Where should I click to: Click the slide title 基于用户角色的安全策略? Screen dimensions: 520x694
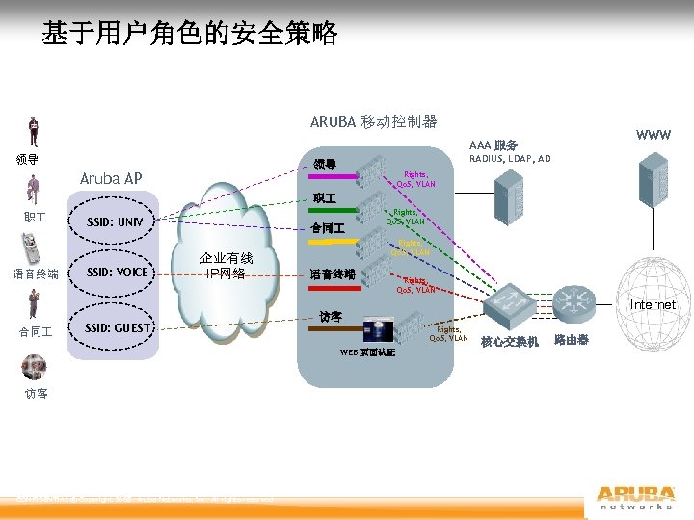point(190,35)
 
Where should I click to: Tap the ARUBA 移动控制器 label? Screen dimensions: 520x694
point(373,122)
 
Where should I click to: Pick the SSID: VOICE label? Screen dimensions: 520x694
point(118,273)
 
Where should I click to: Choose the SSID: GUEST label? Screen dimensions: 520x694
point(119,328)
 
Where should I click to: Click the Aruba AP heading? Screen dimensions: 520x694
point(111,178)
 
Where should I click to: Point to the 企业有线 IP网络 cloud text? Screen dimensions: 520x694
point(226,265)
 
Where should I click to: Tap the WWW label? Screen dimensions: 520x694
point(654,134)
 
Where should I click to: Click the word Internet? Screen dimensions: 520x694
point(653,305)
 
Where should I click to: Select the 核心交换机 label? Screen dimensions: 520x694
point(510,342)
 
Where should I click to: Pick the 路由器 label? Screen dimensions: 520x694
point(569,341)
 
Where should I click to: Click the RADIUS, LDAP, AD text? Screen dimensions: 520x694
point(510,159)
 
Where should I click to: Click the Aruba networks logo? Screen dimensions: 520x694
point(634,492)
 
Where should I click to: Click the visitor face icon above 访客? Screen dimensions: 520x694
point(35,368)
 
